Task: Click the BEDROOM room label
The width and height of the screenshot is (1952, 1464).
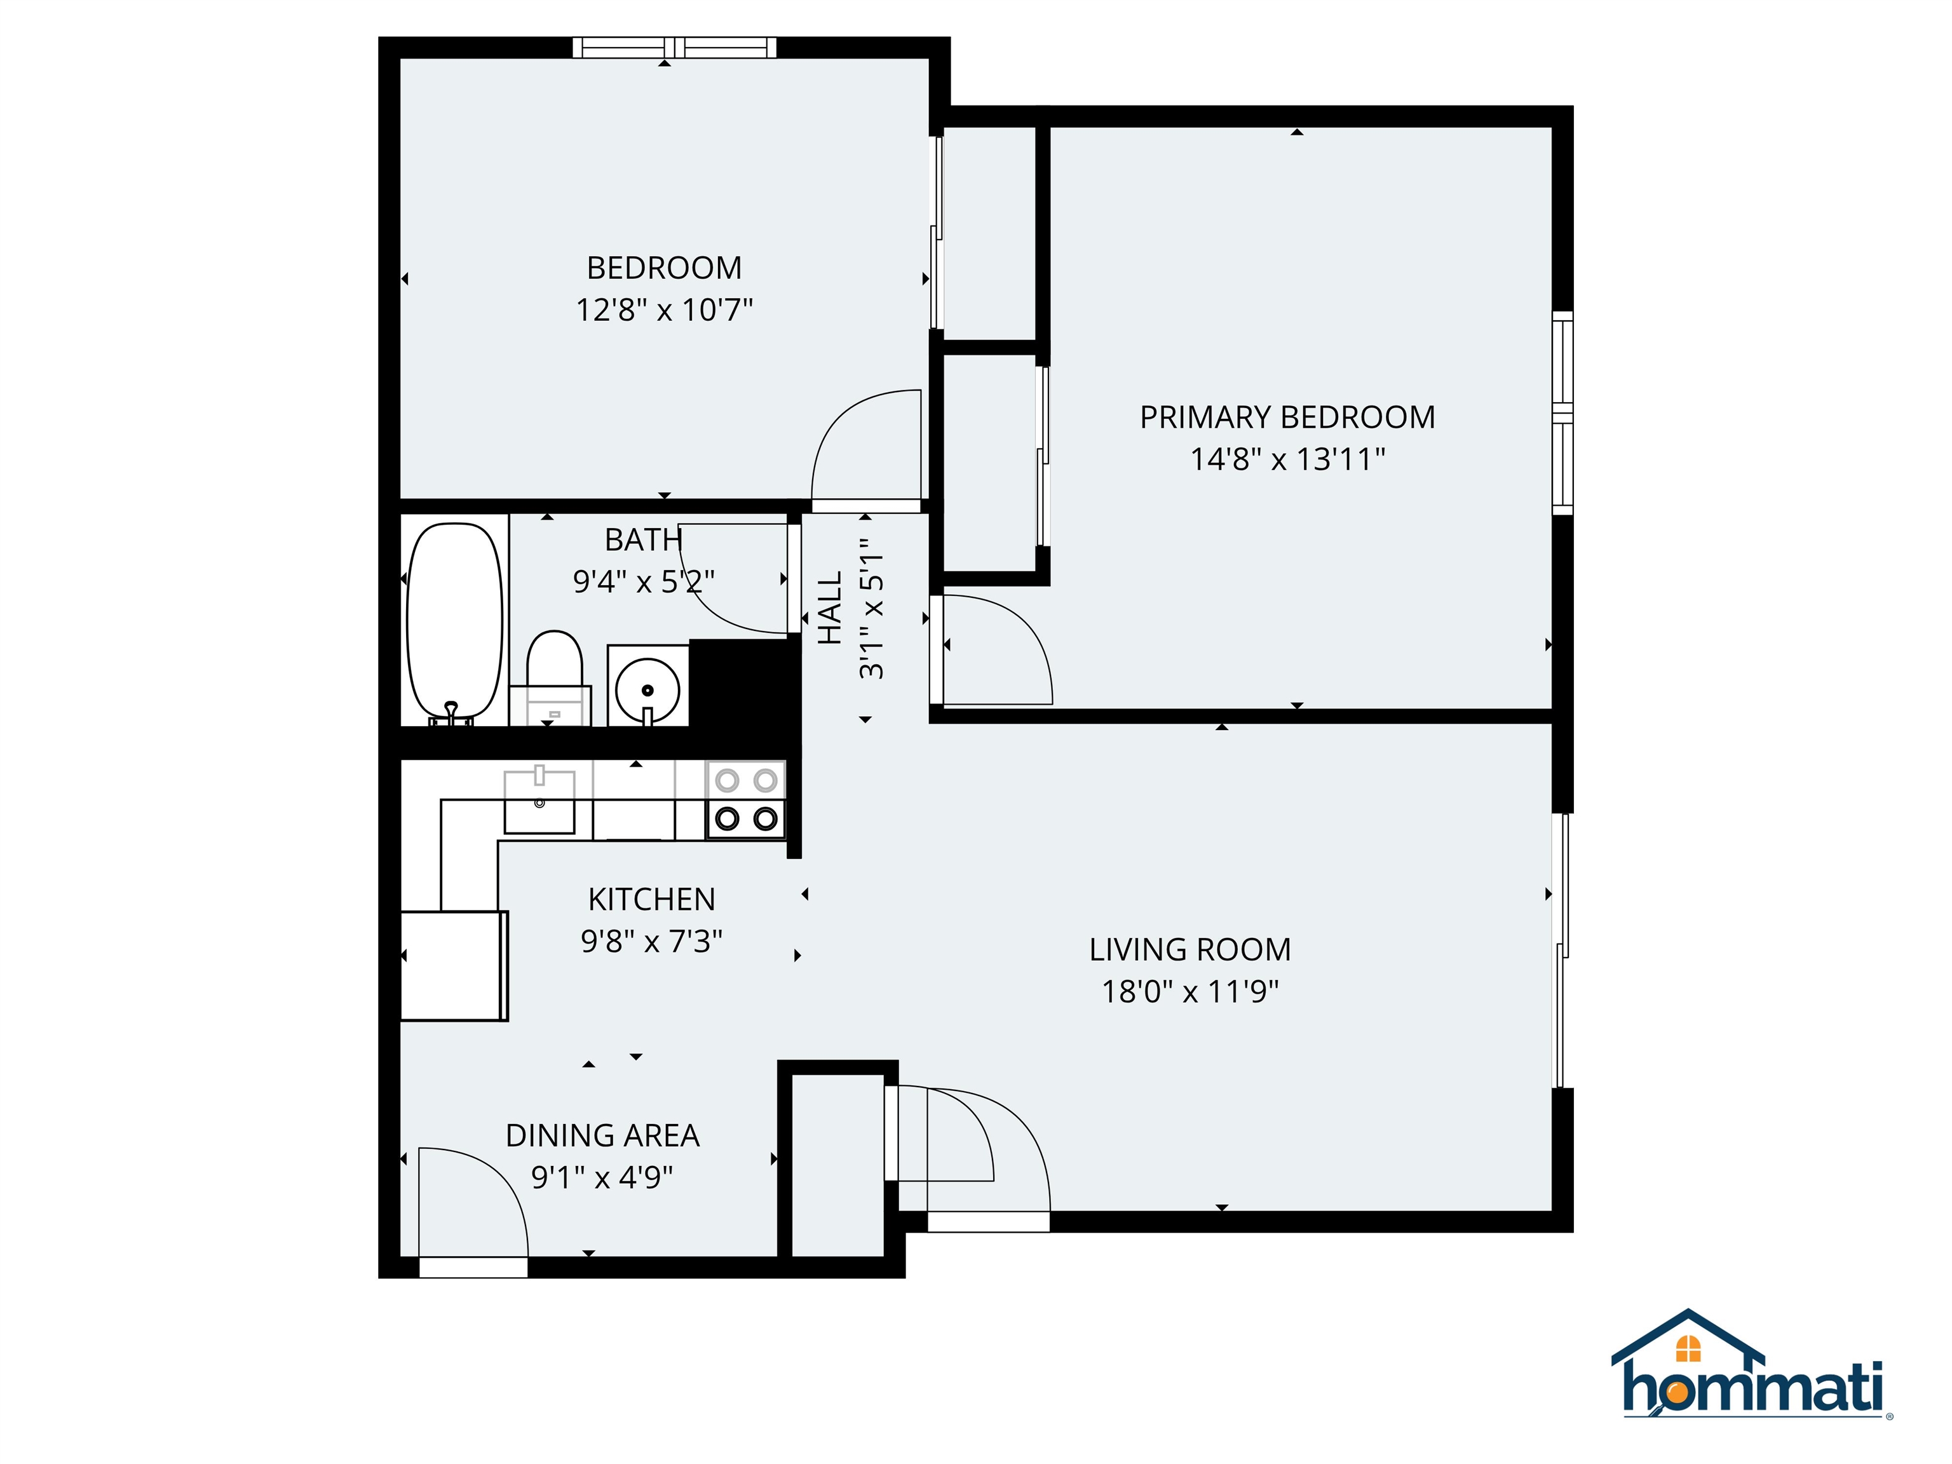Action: coord(663,268)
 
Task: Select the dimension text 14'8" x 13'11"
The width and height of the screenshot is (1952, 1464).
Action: coord(1287,459)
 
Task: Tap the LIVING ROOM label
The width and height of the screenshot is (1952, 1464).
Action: coord(1189,949)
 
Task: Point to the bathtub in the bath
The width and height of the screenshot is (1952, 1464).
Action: coord(454,620)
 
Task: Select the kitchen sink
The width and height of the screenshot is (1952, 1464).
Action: coord(539,801)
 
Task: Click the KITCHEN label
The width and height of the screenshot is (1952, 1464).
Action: coord(651,899)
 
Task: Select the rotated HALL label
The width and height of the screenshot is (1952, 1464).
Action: coord(829,608)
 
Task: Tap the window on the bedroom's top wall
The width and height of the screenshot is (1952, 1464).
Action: coord(674,48)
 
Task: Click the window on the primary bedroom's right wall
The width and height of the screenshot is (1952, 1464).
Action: coord(1562,413)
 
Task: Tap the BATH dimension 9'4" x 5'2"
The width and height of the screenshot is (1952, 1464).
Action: coord(643,581)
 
